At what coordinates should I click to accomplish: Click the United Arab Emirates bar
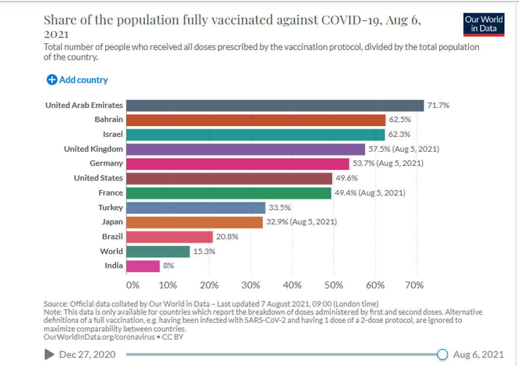coord(275,105)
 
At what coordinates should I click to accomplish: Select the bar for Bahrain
coord(256,120)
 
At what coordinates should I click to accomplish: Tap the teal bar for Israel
coord(255,134)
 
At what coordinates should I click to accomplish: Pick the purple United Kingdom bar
coord(245,149)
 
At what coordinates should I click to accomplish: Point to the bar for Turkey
coord(195,207)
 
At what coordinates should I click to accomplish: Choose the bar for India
coord(143,266)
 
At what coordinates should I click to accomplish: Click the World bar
coord(158,251)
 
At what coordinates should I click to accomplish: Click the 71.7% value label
coord(438,105)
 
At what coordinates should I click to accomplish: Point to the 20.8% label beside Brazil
coord(226,237)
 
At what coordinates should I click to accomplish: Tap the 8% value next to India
coord(168,266)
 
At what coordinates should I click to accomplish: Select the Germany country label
coord(106,164)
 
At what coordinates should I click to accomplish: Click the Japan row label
coord(112,222)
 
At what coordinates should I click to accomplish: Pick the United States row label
coord(98,178)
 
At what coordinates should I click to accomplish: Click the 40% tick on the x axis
coord(292,285)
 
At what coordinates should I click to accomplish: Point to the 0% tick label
coord(132,285)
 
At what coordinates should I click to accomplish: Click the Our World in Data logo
coord(483,24)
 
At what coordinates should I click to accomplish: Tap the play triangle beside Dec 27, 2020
coord(49,354)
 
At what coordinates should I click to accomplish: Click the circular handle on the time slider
coord(442,354)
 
